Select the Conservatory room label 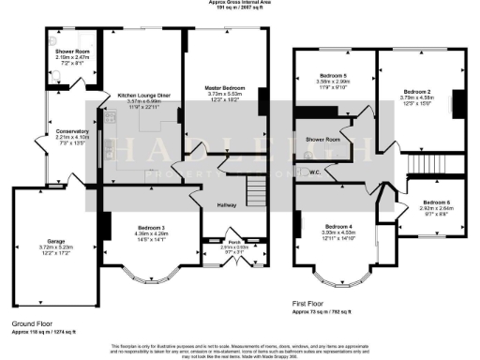click(71, 131)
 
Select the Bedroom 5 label click(332, 73)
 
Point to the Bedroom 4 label click(339, 226)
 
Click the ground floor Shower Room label click(70, 52)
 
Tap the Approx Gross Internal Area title click(240, 3)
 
